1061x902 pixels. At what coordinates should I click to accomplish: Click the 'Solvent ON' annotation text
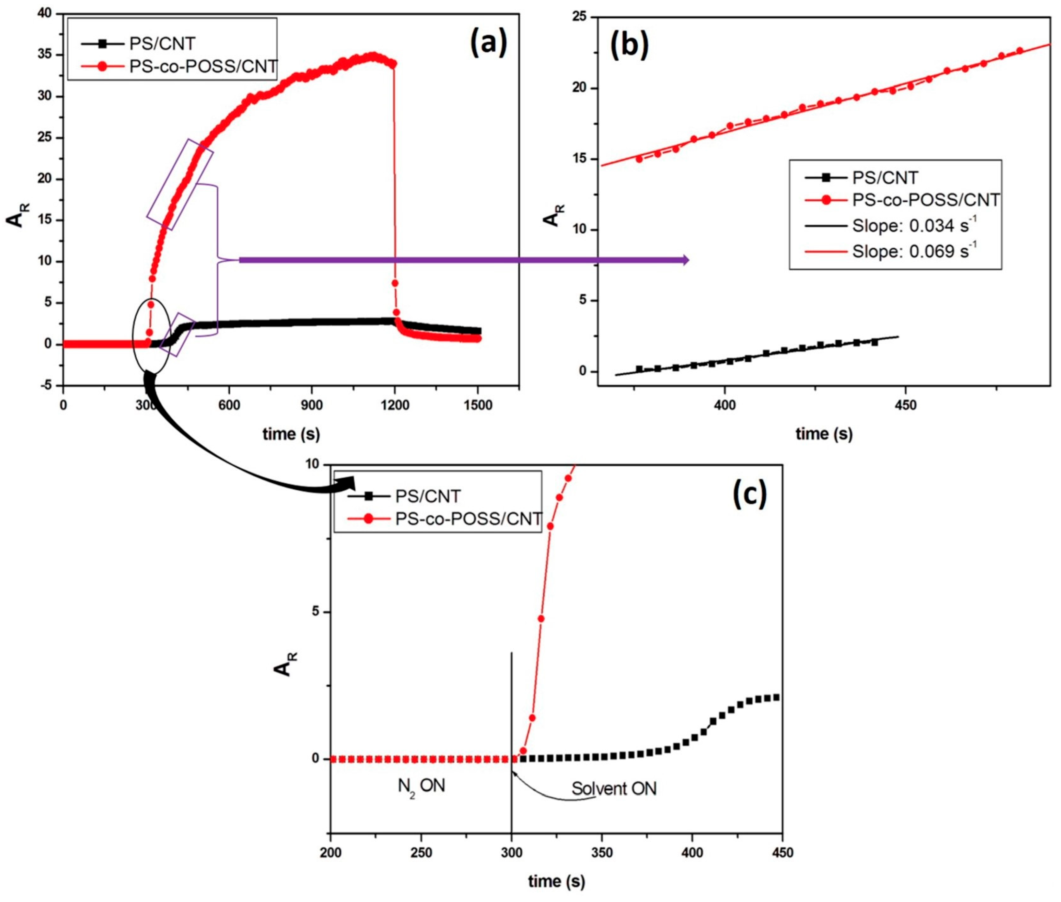pyautogui.click(x=614, y=788)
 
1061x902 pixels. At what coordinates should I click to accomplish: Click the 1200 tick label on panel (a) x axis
pyautogui.click(x=395, y=406)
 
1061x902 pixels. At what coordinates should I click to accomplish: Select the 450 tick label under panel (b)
pyautogui.click(x=906, y=406)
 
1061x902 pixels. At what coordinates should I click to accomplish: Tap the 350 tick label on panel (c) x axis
pyautogui.click(x=601, y=853)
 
